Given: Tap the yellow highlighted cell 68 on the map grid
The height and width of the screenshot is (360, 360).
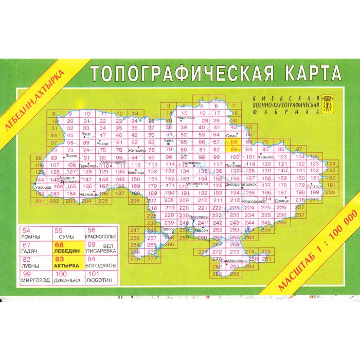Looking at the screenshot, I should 233,142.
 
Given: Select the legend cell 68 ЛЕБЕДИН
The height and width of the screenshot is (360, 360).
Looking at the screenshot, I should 67,248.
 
